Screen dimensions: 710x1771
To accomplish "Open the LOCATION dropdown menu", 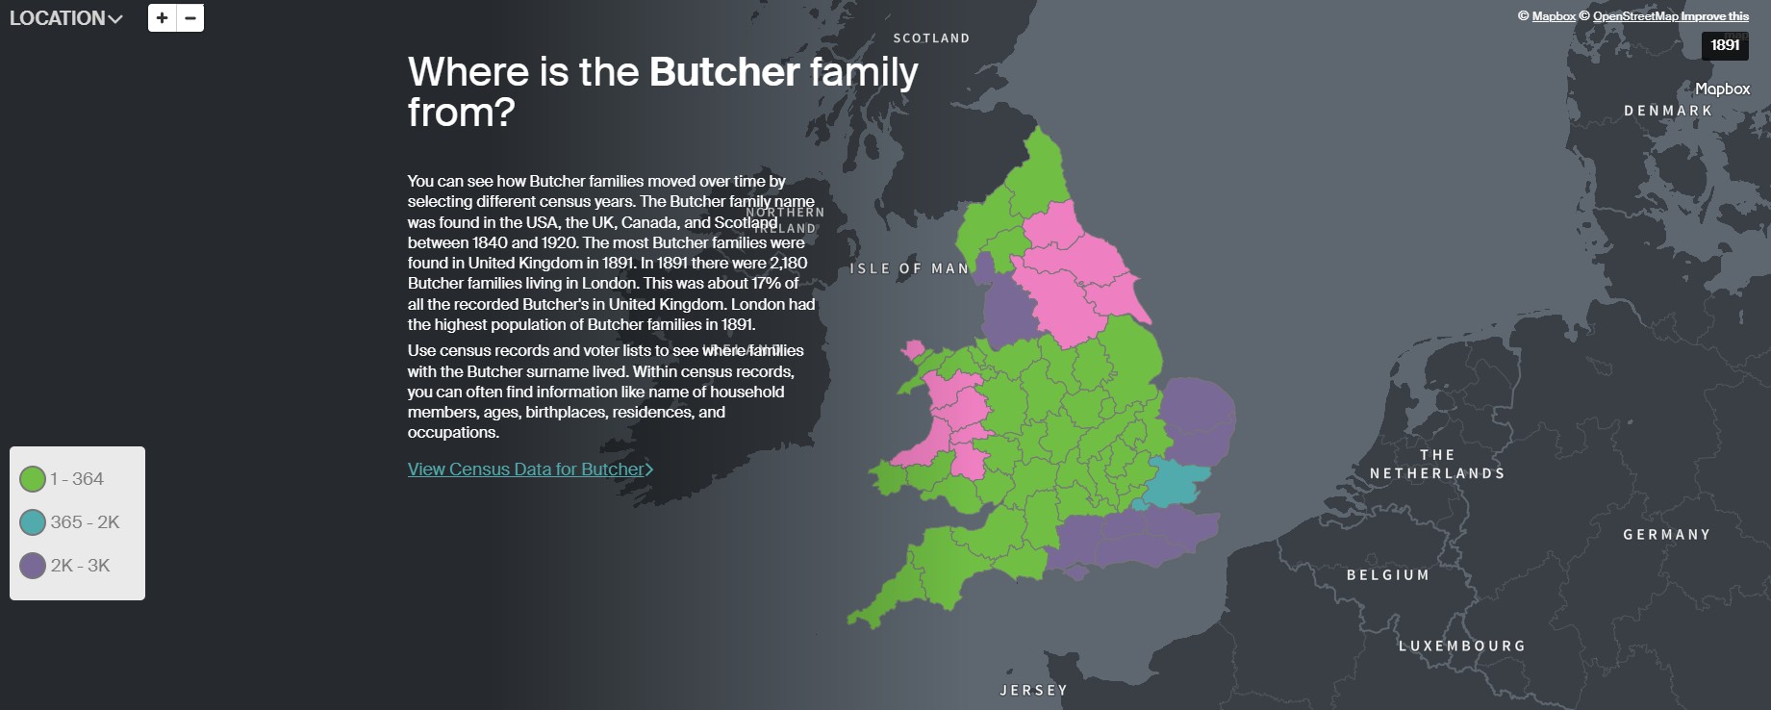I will click(65, 18).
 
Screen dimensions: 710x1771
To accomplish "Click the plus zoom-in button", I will click(162, 17).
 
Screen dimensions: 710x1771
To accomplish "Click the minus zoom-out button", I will click(190, 17).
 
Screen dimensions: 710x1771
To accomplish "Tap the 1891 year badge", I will click(1725, 45).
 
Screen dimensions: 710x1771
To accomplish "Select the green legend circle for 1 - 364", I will click(33, 479).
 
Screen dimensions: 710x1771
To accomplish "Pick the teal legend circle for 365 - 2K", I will click(33, 522).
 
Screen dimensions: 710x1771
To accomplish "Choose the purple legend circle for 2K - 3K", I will click(33, 566).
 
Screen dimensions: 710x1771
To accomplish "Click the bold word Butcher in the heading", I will click(724, 72).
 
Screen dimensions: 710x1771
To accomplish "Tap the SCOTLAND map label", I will click(931, 38).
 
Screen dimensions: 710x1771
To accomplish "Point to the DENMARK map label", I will click(1668, 111).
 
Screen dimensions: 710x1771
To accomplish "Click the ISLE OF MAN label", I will click(909, 268).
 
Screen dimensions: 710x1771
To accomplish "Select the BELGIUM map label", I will click(1388, 575).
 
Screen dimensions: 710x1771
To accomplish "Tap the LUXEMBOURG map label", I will click(1462, 647).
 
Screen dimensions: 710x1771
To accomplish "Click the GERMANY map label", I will click(1667, 535).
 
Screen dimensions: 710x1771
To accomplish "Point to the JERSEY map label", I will click(1034, 691).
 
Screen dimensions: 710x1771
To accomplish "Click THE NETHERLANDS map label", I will click(1437, 465).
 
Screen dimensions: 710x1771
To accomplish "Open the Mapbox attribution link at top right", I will click(1554, 16).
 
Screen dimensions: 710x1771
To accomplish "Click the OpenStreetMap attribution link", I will click(1635, 16).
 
